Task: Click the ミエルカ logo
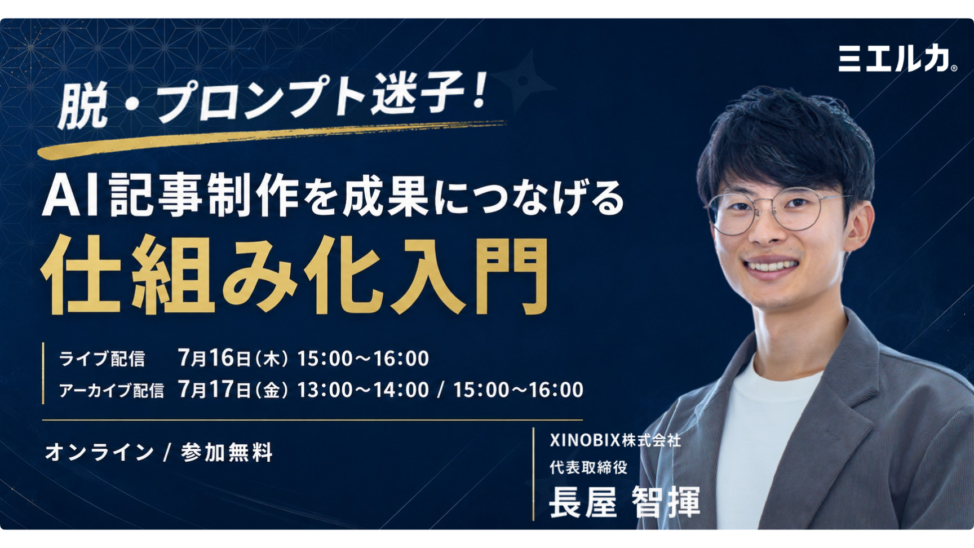tap(897, 58)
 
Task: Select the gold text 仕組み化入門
tap(295, 276)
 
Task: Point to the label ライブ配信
tap(102, 359)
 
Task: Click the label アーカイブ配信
tap(111, 390)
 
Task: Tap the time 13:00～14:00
tap(363, 390)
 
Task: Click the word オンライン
tap(99, 452)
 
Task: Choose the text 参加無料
tap(227, 452)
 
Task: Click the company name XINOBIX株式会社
tap(616, 440)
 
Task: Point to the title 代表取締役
tap(588, 467)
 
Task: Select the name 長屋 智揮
tap(625, 501)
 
